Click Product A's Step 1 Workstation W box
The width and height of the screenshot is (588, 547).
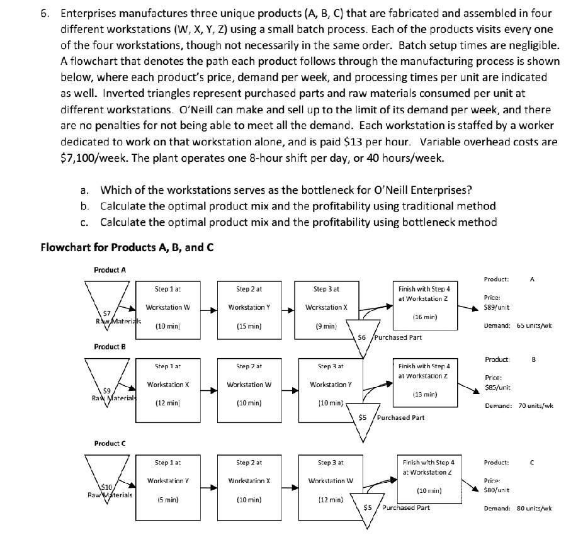167,308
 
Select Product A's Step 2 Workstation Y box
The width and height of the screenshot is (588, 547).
249,308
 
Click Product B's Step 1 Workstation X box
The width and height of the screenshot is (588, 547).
167,385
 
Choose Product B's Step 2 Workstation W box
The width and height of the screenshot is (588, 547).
249,385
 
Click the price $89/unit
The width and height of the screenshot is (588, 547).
496,308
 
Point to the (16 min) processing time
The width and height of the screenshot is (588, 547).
426,317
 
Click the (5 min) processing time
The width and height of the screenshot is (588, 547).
167,500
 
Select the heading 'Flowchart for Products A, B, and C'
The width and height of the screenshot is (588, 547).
127,247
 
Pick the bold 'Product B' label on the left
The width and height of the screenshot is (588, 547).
110,347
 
